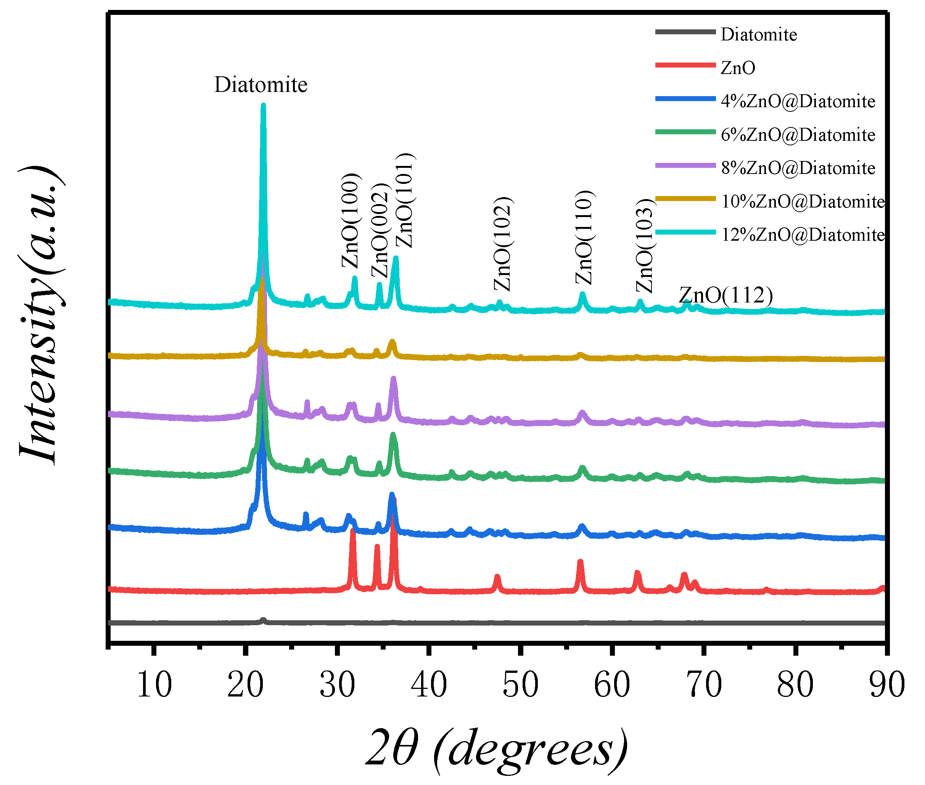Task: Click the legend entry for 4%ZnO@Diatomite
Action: pos(797,101)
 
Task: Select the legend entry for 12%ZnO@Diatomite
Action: pos(802,235)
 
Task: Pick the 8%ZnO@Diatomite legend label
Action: pos(797,168)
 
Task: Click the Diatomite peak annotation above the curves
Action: pos(261,85)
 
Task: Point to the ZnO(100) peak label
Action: pos(351,221)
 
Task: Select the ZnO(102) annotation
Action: pos(503,244)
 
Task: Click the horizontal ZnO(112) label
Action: pos(725,295)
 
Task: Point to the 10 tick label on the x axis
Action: pos(154,684)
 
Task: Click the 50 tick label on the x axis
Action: pos(520,684)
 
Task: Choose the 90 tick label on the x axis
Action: pos(886,684)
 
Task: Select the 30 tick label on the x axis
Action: pos(337,684)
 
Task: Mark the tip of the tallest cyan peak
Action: pos(263,106)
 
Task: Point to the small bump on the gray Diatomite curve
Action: pos(263,620)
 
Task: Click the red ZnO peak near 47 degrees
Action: pos(497,578)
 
